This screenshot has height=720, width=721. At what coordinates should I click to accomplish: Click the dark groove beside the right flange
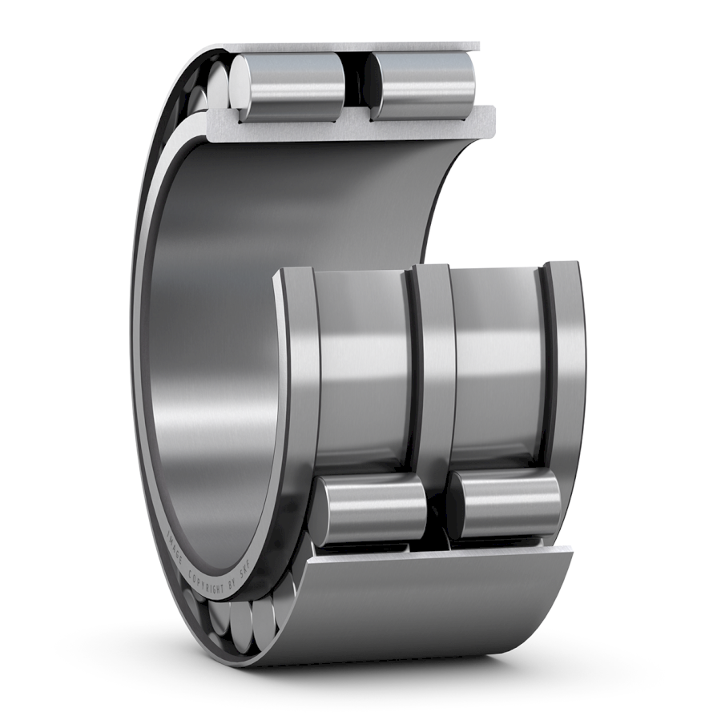click(x=548, y=360)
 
